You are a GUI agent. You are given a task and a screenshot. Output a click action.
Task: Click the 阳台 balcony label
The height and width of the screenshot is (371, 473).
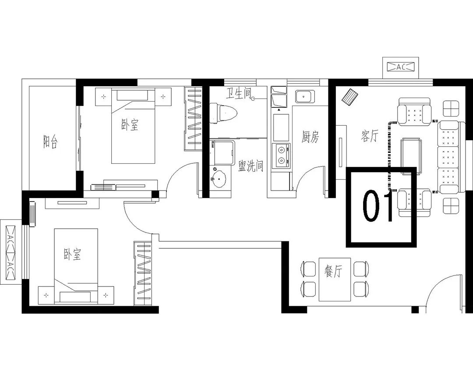(50, 141)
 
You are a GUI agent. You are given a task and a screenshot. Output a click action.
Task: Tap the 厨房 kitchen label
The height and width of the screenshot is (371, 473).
(310, 137)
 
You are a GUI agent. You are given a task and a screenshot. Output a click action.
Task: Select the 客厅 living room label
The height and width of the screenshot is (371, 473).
(369, 136)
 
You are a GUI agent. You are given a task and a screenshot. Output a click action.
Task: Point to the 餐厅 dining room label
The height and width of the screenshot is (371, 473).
(333, 271)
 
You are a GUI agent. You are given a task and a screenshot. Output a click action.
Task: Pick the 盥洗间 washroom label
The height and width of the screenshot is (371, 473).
(251, 166)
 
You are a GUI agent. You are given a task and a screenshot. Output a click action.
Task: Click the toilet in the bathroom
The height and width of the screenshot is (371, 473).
(223, 113)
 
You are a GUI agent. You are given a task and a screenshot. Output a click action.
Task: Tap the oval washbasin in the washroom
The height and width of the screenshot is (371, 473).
(219, 179)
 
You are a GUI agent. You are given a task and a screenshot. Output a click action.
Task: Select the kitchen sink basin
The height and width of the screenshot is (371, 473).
(304, 97)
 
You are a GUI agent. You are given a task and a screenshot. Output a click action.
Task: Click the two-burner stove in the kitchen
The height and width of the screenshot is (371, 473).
(281, 155)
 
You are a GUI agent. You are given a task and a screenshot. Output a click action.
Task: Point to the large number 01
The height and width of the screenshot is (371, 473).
(378, 206)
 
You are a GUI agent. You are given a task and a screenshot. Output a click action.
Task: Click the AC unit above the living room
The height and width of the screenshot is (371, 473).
(401, 67)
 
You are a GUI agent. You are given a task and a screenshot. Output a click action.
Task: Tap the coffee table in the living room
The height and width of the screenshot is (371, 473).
(411, 156)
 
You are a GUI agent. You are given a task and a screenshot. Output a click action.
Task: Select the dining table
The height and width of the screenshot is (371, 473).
(335, 279)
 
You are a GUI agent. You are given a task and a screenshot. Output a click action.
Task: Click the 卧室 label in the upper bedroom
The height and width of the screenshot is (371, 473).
(130, 124)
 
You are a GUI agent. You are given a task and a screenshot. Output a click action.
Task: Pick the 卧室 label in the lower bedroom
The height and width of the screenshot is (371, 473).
(72, 254)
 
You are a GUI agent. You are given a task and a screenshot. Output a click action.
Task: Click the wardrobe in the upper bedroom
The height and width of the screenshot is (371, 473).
(193, 119)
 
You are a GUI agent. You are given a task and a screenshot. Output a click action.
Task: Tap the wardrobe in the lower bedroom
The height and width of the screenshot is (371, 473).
(142, 273)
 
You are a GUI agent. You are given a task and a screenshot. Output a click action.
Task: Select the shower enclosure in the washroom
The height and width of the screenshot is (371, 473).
(222, 152)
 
